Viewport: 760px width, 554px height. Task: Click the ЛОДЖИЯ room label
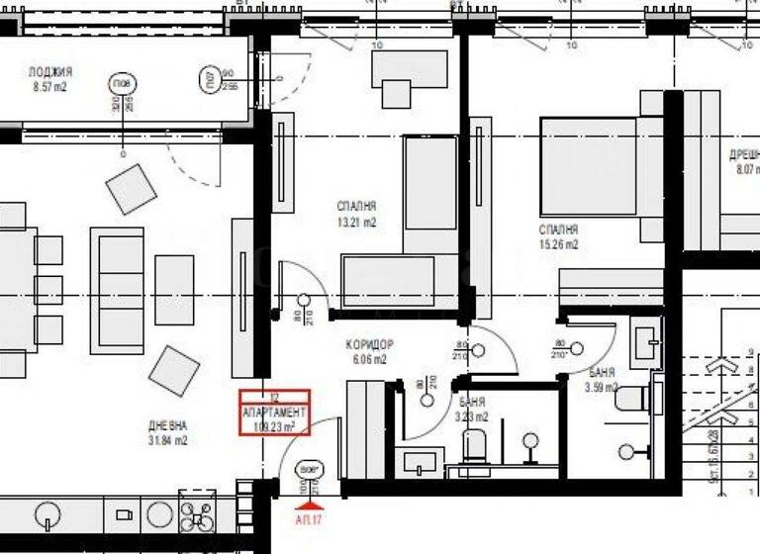click(50, 71)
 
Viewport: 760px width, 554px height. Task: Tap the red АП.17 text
click(309, 517)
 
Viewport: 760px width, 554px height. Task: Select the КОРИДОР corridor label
click(366, 344)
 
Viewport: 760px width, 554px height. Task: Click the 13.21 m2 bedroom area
click(356, 223)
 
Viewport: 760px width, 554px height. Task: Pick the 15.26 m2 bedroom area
click(559, 244)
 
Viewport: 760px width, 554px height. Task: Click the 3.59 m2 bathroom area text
click(602, 388)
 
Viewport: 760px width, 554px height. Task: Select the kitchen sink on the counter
click(47, 514)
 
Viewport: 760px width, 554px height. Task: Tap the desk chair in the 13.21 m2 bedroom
click(398, 93)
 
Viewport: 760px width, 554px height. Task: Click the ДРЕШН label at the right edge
click(744, 154)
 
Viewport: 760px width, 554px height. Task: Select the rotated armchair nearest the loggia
click(132, 188)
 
